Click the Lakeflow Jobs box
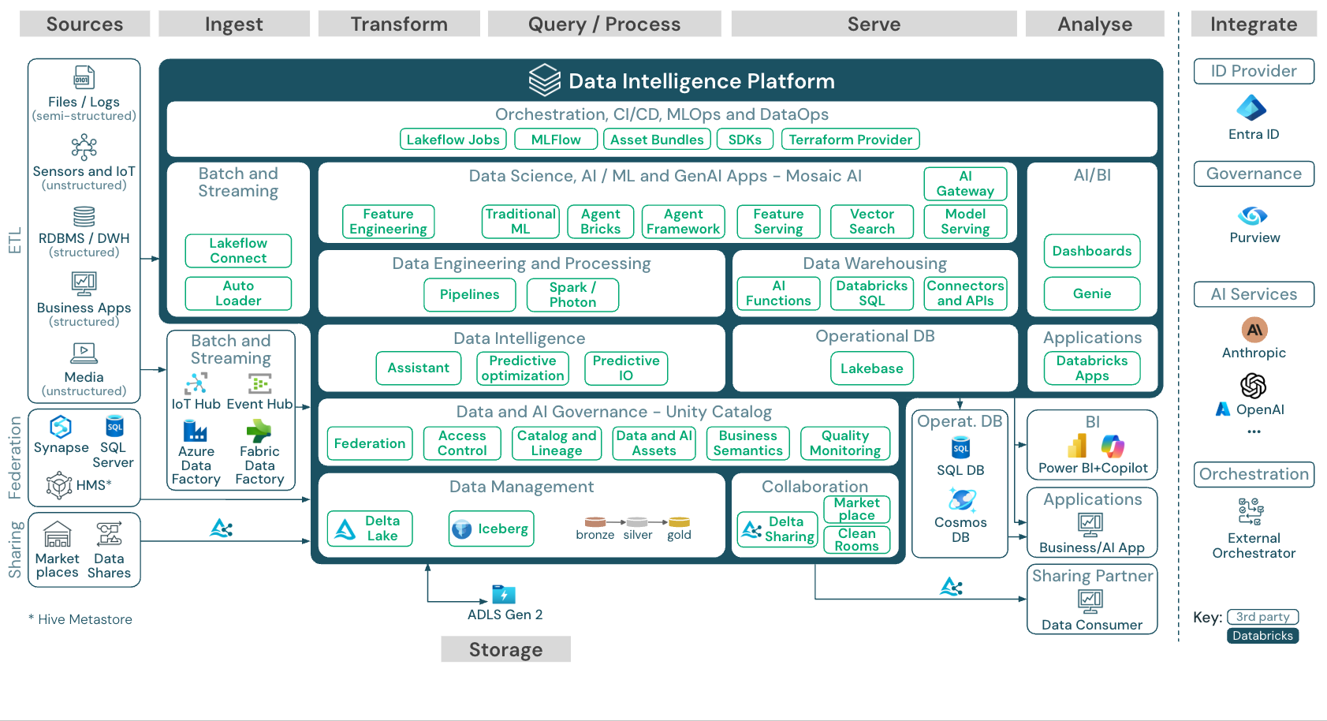[x=453, y=140]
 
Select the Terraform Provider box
[x=850, y=140]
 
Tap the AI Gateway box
[x=965, y=184]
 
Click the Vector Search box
[x=871, y=222]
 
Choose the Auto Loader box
[x=238, y=293]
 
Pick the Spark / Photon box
[x=572, y=295]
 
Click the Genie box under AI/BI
[x=1091, y=293]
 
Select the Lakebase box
[x=871, y=368]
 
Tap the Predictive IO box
[x=625, y=368]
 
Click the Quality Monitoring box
[x=844, y=443]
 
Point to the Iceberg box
[x=491, y=529]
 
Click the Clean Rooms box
[x=856, y=540]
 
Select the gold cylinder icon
[x=679, y=522]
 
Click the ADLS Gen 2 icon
[x=504, y=594]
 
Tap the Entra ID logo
[x=1252, y=108]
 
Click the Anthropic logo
[x=1254, y=330]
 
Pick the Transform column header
[x=399, y=24]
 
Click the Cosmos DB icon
[x=961, y=500]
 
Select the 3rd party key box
[x=1262, y=617]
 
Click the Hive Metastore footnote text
[x=81, y=619]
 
